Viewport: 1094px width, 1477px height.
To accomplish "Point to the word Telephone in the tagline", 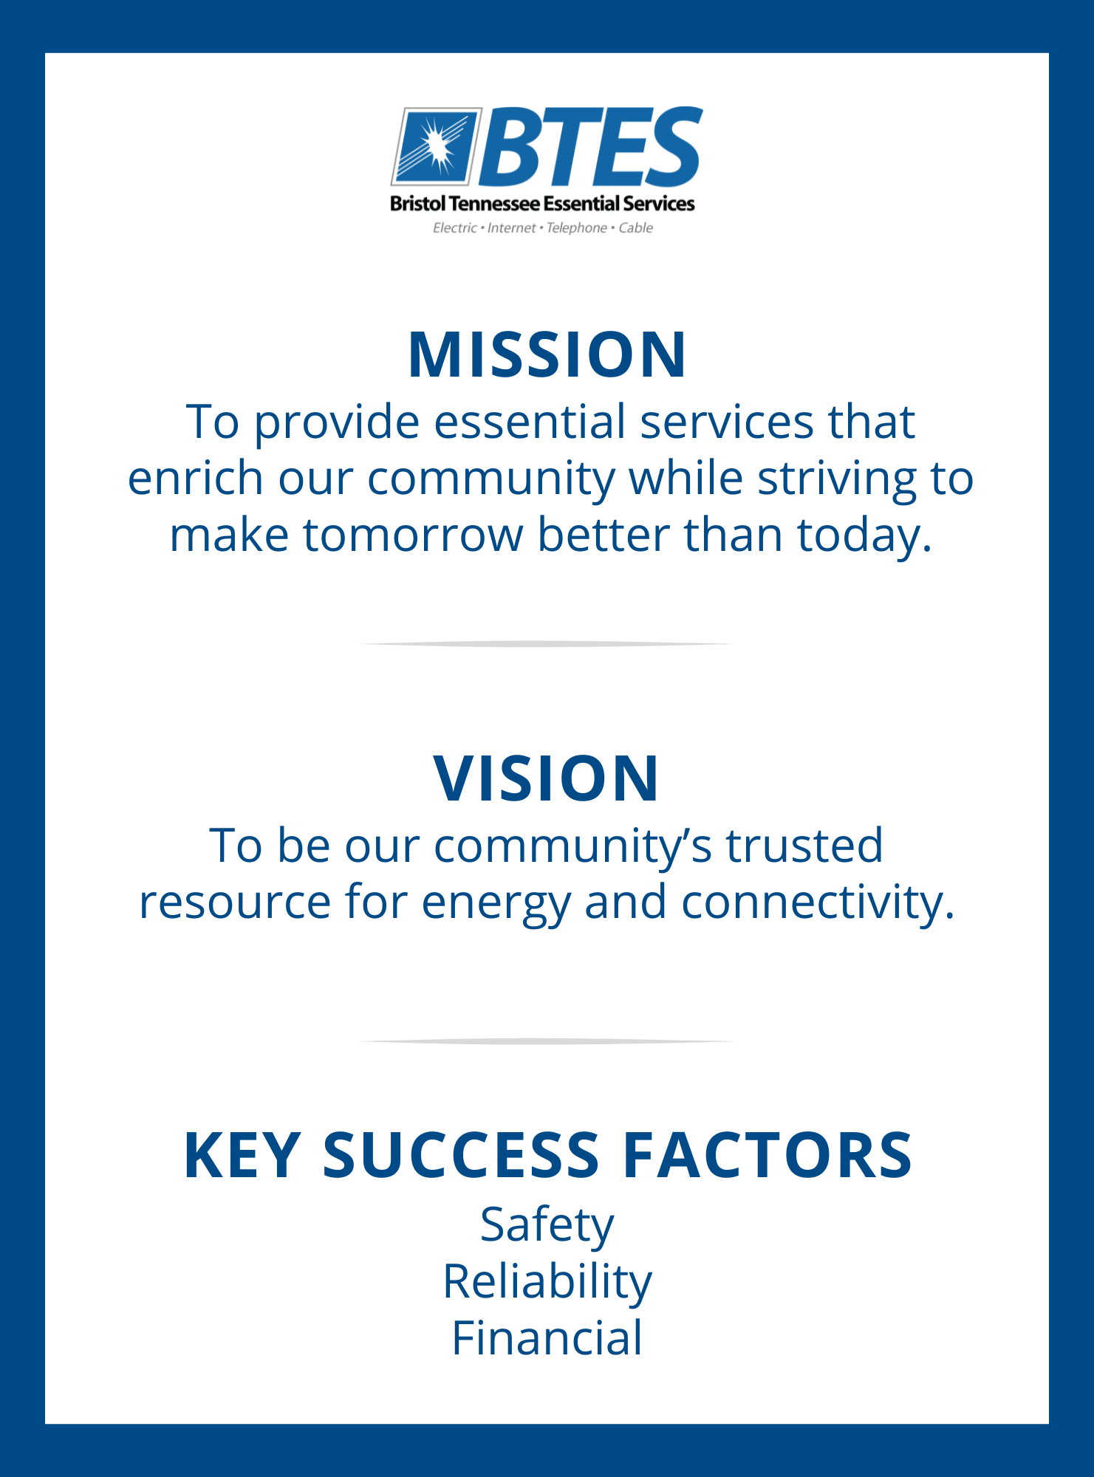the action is coord(576,227).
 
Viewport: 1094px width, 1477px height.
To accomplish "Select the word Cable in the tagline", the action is coord(636,227).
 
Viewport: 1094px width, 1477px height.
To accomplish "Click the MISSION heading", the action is coord(547,355).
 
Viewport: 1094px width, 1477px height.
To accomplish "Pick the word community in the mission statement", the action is coord(490,480).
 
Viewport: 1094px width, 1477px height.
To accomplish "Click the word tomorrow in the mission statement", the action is coord(413,535).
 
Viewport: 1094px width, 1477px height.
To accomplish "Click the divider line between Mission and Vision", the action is coord(547,644).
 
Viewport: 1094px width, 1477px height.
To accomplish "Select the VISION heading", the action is coord(547,778).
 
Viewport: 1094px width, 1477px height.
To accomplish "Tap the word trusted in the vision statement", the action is coord(804,845).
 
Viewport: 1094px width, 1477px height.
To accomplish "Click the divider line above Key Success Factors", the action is coord(547,1041).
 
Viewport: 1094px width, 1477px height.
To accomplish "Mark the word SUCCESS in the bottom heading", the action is coord(461,1156).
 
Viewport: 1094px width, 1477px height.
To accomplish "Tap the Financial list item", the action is coord(547,1337).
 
